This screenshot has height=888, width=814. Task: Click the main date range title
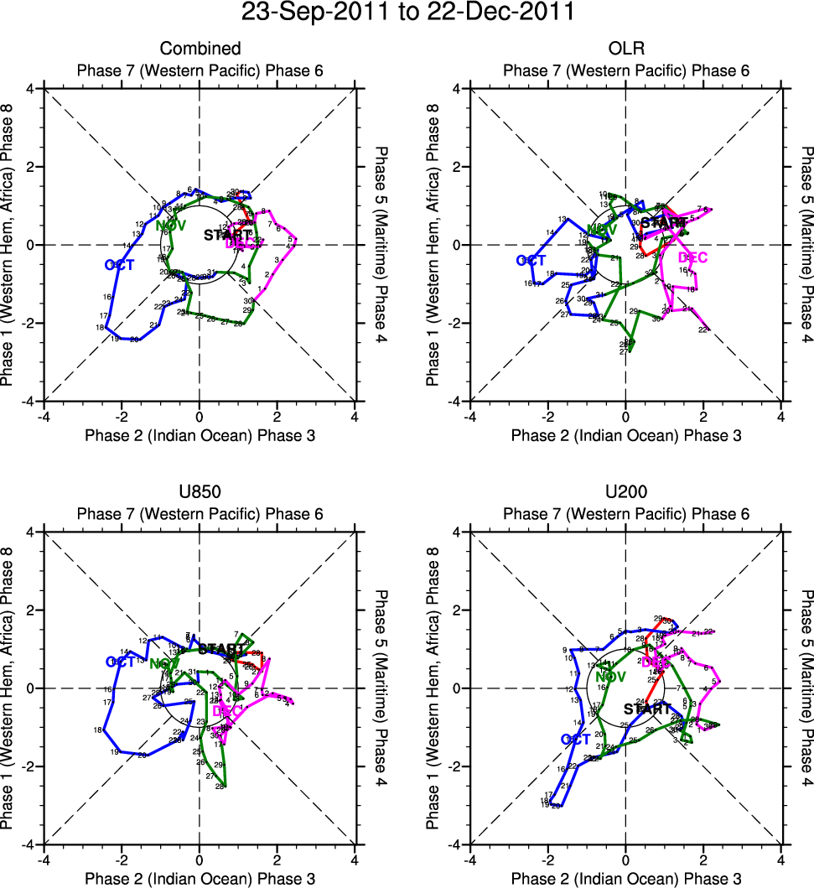point(407,13)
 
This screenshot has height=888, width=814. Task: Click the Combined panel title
point(200,49)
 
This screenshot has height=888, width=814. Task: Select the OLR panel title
point(626,49)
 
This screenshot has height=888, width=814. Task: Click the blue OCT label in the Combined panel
point(120,265)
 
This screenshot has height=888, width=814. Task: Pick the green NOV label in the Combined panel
point(171,225)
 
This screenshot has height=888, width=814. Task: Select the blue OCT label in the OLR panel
point(531,261)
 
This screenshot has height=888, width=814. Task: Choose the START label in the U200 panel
point(648,709)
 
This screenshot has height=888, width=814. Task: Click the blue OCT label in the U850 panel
point(121,662)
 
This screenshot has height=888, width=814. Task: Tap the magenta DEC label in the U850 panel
point(227,711)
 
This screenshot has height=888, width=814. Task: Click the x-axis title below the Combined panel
point(200,436)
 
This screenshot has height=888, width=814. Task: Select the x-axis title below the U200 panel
point(626,879)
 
